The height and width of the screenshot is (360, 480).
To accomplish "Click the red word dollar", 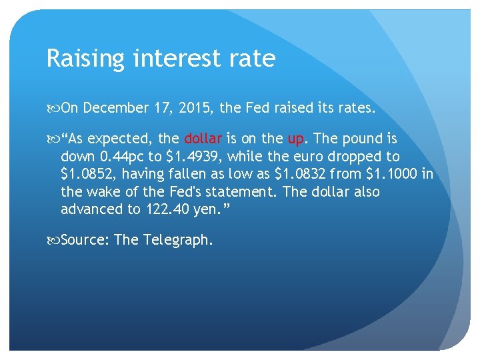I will pyautogui.click(x=203, y=139).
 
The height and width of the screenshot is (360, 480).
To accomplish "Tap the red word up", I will pyautogui.click(x=296, y=139).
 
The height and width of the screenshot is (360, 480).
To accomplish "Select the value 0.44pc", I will pyautogui.click(x=123, y=157).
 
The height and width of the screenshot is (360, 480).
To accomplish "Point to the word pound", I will pyautogui.click(x=361, y=139).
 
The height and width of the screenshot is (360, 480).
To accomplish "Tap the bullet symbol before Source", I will pyautogui.click(x=54, y=240).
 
